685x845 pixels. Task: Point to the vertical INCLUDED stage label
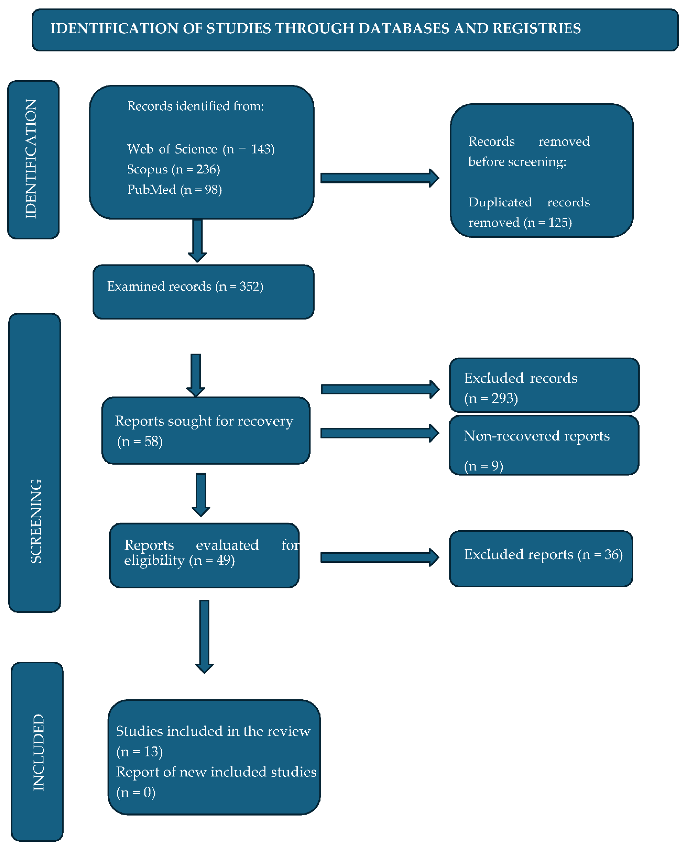click(38, 752)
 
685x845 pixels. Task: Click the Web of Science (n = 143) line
click(200, 149)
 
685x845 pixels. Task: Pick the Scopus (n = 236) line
click(173, 169)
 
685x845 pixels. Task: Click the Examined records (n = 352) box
click(203, 291)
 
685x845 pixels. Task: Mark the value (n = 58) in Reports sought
click(140, 441)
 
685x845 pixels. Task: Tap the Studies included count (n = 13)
click(139, 751)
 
